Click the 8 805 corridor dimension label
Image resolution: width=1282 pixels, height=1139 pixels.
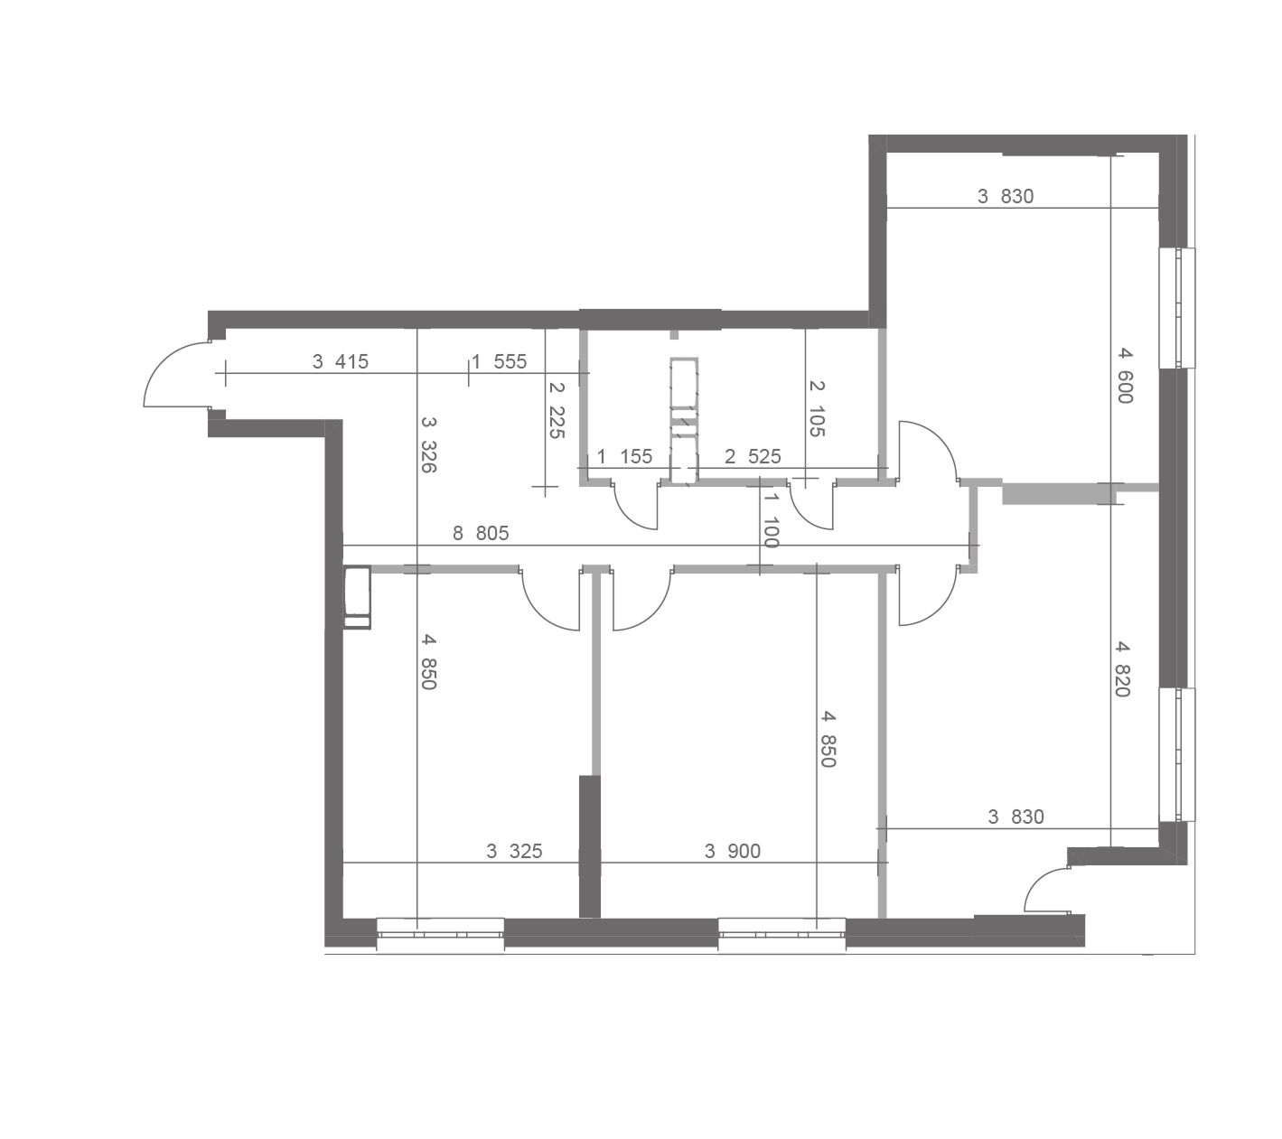click(481, 534)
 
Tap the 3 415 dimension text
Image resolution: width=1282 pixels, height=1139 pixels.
click(340, 361)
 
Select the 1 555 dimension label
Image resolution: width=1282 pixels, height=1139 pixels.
click(500, 361)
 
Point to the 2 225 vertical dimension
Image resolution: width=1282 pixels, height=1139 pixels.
click(557, 410)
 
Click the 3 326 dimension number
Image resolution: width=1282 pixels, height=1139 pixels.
click(428, 444)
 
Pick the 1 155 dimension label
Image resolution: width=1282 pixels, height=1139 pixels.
click(624, 456)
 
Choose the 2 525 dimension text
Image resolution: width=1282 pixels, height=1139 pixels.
click(753, 456)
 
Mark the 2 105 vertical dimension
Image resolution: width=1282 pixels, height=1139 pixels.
click(817, 408)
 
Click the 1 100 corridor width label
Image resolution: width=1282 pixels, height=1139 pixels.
click(772, 520)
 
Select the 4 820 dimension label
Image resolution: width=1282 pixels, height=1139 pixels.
click(1122, 668)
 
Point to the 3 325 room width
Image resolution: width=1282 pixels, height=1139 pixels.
click(514, 851)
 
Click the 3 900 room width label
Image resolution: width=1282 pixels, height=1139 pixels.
click(732, 851)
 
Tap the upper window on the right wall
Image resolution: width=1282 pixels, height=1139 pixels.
click(1177, 307)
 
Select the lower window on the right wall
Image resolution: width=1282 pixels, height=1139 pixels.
click(1177, 754)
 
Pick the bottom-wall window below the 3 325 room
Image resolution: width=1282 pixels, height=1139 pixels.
click(440, 933)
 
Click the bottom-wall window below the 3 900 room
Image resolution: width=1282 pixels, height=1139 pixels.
click(781, 933)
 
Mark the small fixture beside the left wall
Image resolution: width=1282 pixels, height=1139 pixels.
click(357, 597)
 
